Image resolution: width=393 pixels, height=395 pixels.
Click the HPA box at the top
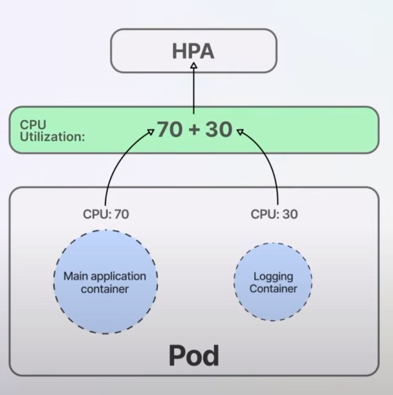pyautogui.click(x=193, y=50)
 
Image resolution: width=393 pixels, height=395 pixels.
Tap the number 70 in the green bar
pyautogui.click(x=169, y=130)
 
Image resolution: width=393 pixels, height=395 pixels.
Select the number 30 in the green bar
pyautogui.click(x=218, y=130)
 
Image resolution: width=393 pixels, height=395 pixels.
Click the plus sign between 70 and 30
pyautogui.click(x=194, y=130)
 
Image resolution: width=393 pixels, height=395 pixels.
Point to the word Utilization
pyautogui.click(x=52, y=137)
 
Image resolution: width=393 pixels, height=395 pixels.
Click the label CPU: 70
pyautogui.click(x=106, y=214)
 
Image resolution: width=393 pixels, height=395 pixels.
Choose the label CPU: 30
pyautogui.click(x=274, y=214)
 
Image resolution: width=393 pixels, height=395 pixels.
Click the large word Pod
pyautogui.click(x=194, y=355)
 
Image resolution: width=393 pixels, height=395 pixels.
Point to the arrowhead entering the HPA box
pyautogui.click(x=194, y=66)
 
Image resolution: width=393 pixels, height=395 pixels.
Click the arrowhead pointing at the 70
pyautogui.click(x=151, y=132)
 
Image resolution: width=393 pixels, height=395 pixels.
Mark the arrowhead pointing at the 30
pyautogui.click(x=239, y=132)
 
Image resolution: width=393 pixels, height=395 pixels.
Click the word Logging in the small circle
pyautogui.click(x=273, y=276)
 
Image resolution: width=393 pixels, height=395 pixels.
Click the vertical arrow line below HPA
pyautogui.click(x=194, y=92)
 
